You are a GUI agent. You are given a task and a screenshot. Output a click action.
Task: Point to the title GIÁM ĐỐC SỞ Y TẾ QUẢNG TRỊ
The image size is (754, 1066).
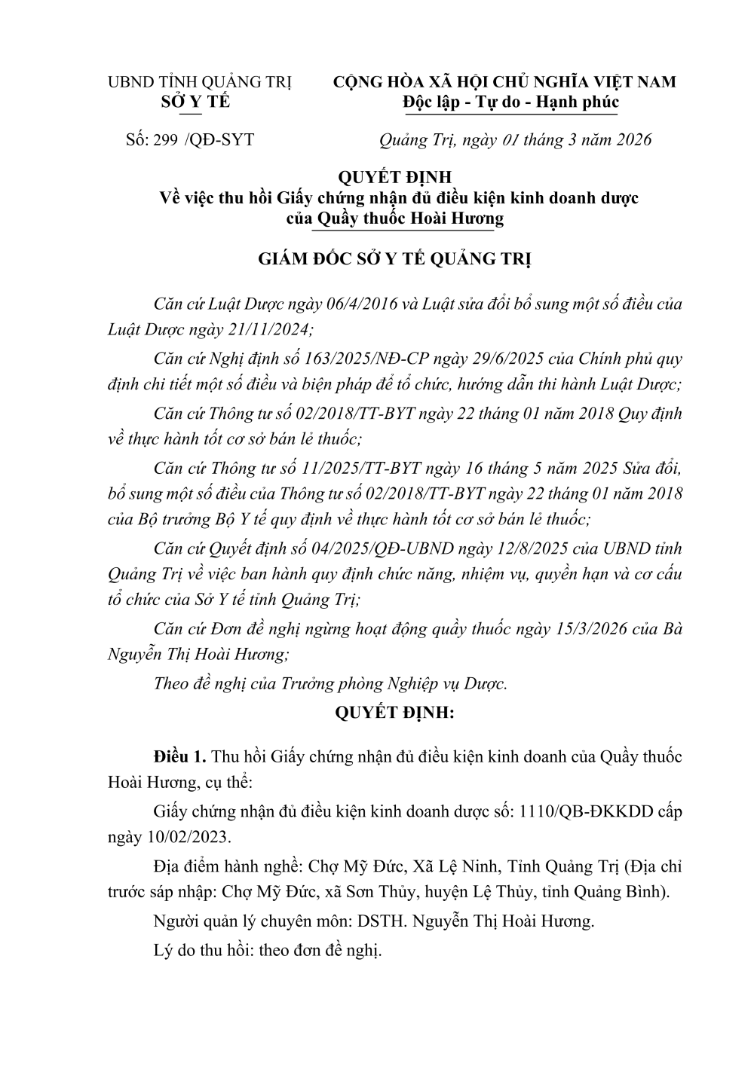(x=395, y=260)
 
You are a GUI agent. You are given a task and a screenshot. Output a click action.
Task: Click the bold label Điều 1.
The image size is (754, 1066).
(x=179, y=756)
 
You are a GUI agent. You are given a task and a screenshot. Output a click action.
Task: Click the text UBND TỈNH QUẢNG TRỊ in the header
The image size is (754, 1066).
(x=200, y=82)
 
